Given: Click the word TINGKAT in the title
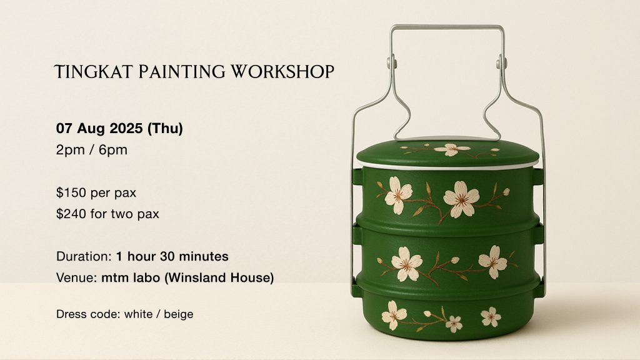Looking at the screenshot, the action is [x=94, y=71].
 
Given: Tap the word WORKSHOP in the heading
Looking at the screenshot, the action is [x=282, y=71].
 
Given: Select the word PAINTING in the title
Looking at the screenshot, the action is [x=182, y=71].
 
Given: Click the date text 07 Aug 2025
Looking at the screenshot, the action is [x=99, y=129].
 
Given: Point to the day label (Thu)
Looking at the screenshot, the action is [x=165, y=129].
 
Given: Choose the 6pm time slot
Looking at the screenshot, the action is [x=113, y=150].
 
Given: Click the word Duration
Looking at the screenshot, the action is [x=84, y=256].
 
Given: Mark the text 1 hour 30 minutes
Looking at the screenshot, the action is [x=172, y=256].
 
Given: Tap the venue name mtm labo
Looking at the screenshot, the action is [x=131, y=277].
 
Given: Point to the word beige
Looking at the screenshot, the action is [x=179, y=314].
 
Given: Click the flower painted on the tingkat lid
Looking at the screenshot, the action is [x=451, y=149].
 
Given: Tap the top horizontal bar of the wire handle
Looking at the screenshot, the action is [x=447, y=27].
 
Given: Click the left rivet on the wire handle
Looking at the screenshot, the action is [x=392, y=62].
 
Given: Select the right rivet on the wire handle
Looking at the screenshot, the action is [x=501, y=62].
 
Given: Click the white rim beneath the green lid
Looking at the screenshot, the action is [x=447, y=165].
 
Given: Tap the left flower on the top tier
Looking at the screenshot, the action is [x=397, y=195].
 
